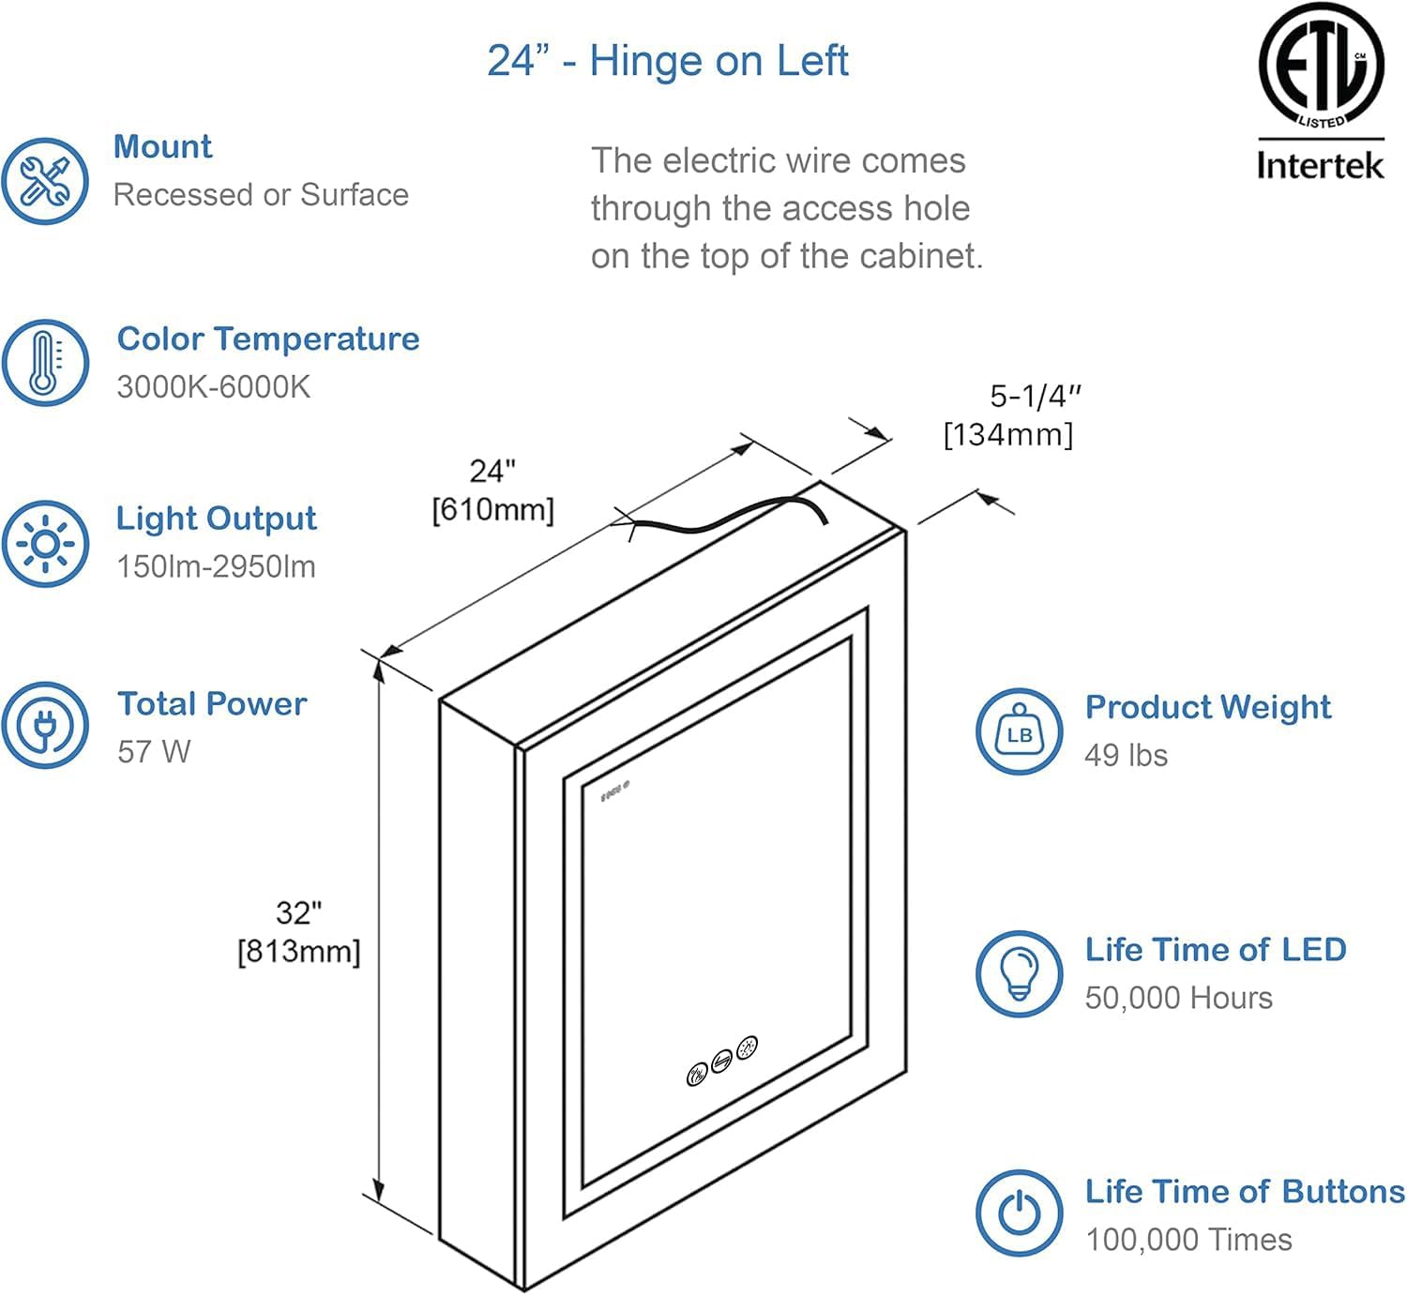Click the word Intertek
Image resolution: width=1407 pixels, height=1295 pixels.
1320,166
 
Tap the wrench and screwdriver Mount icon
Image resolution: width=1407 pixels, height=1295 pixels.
45,181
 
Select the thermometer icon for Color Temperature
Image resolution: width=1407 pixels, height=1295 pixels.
45,363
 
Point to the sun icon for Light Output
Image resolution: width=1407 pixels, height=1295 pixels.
45,544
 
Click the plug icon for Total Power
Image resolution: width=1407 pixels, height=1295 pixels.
45,725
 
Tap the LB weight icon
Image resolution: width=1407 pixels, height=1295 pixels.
1019,732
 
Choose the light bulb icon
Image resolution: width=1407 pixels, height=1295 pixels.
1019,974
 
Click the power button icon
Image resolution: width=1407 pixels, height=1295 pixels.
1019,1213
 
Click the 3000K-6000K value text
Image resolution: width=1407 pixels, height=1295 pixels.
213,386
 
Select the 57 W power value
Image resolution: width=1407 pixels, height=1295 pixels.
154,751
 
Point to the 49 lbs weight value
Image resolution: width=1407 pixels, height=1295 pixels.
1126,755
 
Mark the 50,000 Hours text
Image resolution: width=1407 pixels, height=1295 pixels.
1178,998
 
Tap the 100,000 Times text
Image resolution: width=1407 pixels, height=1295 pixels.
1188,1240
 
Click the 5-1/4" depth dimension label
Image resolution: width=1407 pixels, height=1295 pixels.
1036,397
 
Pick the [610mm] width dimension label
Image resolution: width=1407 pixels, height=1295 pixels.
492,510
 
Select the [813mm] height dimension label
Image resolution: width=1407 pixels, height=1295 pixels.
298,951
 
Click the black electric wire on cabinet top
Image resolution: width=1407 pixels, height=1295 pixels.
732,517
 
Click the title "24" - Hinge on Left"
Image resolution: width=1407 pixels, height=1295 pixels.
667,61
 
